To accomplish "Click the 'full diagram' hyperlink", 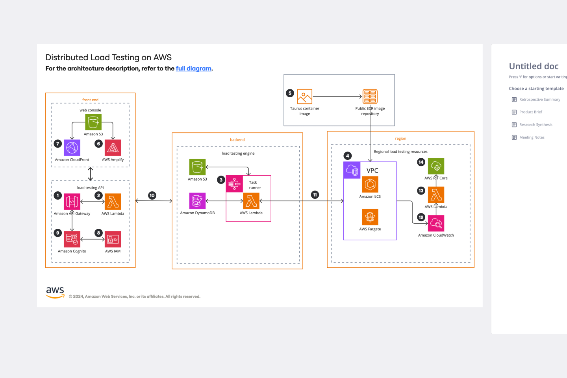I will click(193, 69).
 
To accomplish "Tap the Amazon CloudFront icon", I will click(72, 148).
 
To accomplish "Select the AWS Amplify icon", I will click(113, 148).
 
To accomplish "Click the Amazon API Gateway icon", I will click(72, 202).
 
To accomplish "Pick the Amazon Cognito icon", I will click(72, 239).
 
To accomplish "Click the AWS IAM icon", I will click(113, 239).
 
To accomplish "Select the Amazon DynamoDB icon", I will click(197, 201).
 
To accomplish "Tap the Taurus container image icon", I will click(305, 96).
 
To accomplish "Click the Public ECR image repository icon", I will click(370, 96).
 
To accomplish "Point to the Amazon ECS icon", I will click(370, 184).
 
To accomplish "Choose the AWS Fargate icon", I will click(370, 217).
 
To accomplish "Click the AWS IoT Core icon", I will click(436, 166).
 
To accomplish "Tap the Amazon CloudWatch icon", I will click(436, 223).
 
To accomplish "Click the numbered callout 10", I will click(152, 195).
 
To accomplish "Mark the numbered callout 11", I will click(315, 195).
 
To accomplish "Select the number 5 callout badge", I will click(290, 93).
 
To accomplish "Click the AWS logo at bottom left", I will click(55, 292).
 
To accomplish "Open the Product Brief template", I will click(530, 112).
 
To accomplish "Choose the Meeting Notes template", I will click(532, 137).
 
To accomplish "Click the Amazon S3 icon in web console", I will click(93, 122).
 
